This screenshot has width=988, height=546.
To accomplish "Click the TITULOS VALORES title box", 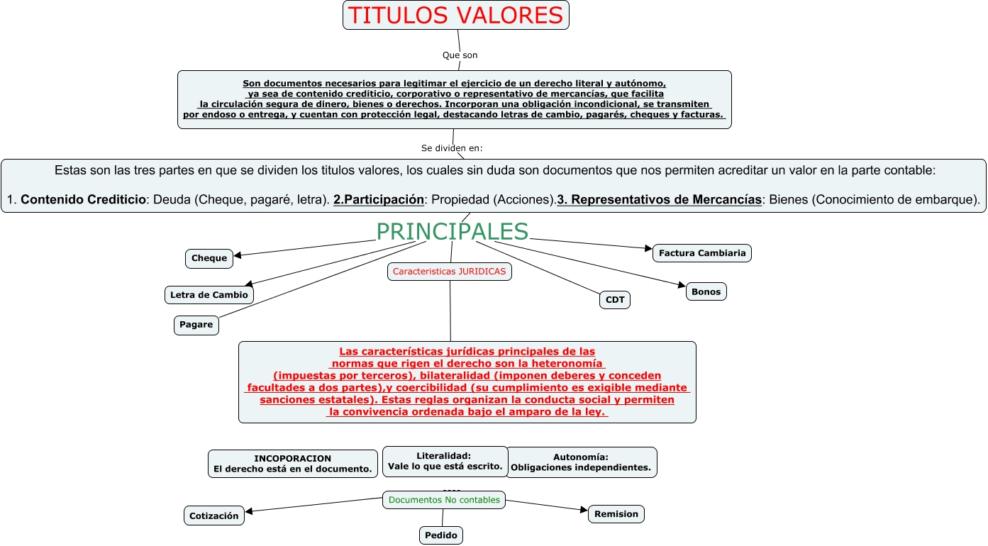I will pos(455,16).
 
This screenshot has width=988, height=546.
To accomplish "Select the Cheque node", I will pos(209,258).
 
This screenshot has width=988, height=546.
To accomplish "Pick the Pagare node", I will pos(196,325).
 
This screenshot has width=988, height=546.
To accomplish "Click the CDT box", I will pos(615,300).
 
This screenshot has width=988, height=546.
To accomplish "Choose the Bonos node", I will pos(706,291).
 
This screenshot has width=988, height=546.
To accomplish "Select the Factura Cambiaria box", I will pos(701,253).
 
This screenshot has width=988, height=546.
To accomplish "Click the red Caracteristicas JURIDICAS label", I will pos(450,272).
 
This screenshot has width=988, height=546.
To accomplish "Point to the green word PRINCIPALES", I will pos(452,232).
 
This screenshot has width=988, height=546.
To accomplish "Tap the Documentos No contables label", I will pos(444,500).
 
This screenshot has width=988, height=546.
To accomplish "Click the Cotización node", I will pos(213,516).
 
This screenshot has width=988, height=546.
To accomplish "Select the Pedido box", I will pos(440,535).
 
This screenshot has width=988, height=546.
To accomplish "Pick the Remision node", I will pos(616,514).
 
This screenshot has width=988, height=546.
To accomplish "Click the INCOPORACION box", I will pos(292,464).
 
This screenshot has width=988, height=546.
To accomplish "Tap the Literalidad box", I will pos(445,461).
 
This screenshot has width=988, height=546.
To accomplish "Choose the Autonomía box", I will pos(581,462).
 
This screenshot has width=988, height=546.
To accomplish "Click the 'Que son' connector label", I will pos(460,55).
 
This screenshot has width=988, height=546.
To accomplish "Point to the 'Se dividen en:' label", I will pos(452,148).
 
